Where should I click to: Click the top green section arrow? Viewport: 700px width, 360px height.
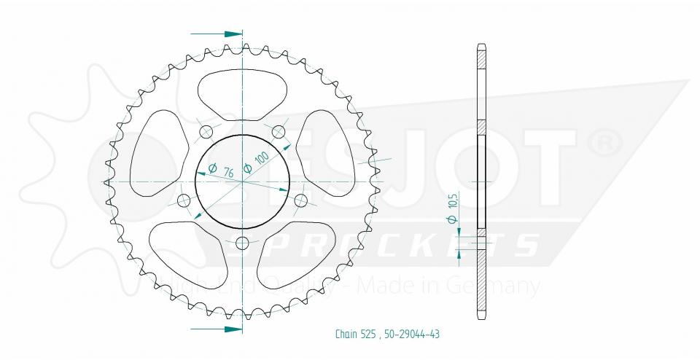217,34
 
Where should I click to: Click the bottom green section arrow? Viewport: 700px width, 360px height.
217,329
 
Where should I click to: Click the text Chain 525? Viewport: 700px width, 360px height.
356,334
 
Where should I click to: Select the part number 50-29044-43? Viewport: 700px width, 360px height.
411,334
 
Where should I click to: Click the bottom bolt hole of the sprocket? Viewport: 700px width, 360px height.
243,243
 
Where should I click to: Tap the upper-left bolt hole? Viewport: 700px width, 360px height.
206,132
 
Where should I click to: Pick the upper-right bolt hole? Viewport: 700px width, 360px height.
279,132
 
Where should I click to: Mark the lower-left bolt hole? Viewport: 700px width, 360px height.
184,200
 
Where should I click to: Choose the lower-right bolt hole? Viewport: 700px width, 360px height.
301,200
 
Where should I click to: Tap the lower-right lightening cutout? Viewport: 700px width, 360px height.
301,252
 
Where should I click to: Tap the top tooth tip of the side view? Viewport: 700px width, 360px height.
481,49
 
